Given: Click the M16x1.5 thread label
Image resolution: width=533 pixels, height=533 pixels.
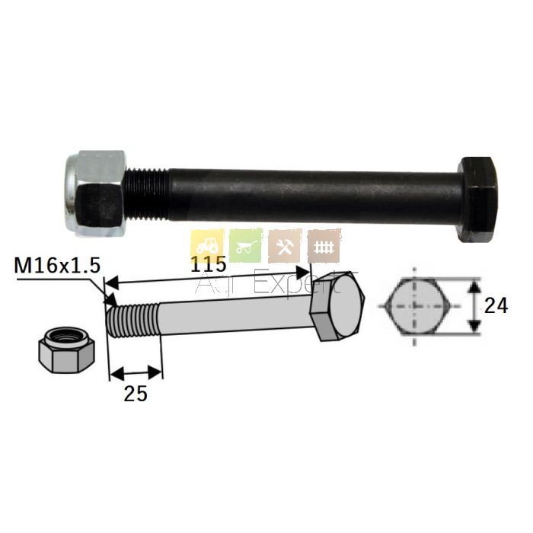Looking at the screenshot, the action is [57, 265].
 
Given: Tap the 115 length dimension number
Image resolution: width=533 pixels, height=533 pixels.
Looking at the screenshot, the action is [208, 263].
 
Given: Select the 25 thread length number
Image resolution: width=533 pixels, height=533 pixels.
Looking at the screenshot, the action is [136, 394].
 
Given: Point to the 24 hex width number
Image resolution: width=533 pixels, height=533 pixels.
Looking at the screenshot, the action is [496, 305].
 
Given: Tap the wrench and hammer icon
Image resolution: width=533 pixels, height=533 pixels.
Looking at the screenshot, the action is [285, 246].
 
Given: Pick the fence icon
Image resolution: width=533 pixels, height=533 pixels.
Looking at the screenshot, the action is [324, 246].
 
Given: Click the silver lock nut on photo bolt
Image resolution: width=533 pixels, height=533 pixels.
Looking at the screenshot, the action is [96, 193].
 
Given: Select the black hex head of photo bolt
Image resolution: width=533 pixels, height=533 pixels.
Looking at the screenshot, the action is [477, 199].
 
